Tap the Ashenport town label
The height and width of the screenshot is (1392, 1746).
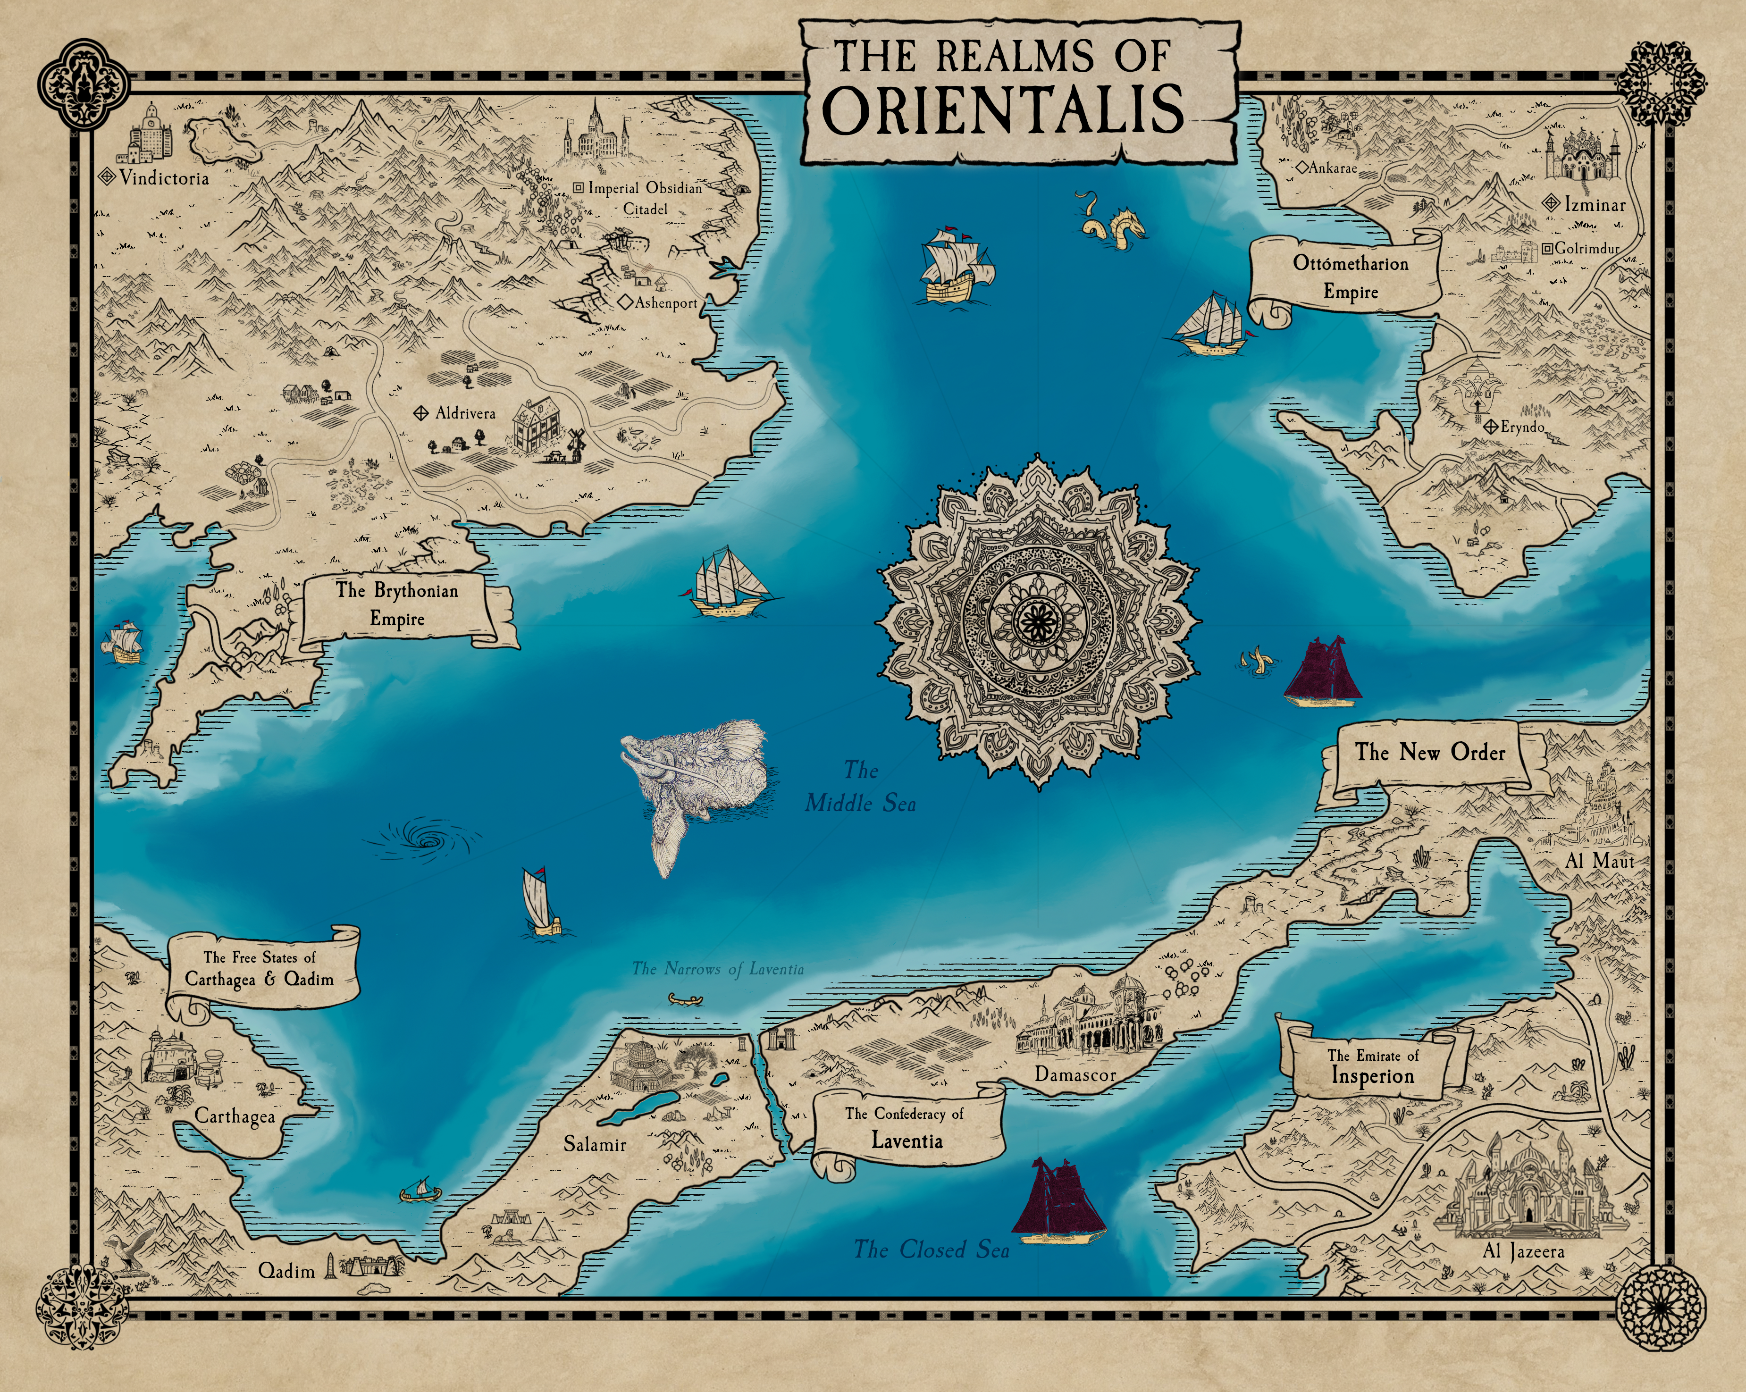[x=666, y=303]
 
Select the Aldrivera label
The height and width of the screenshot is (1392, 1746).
[x=465, y=413]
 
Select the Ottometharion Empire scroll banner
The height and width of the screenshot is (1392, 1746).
[x=1350, y=277]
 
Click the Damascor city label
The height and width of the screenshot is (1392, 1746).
[x=1074, y=1074]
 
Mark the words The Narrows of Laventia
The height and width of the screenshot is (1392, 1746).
[x=718, y=968]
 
